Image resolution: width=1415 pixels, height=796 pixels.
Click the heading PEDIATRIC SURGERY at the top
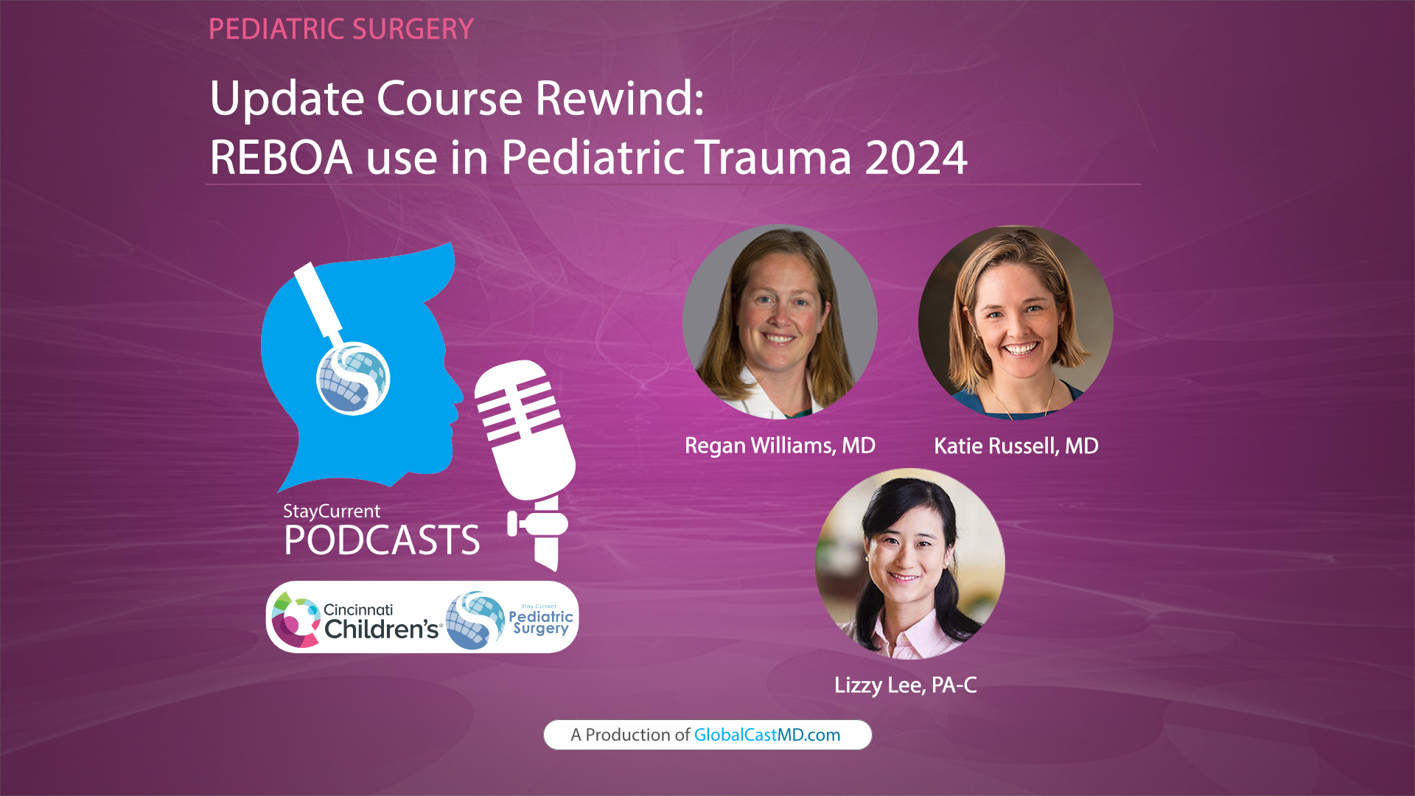pos(340,29)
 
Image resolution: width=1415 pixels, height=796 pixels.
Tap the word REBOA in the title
pos(281,157)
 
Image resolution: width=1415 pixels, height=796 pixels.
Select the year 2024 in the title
pos(915,157)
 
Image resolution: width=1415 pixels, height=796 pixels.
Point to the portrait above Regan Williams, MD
pos(780,322)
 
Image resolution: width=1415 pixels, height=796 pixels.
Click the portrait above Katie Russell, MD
pos(1016,322)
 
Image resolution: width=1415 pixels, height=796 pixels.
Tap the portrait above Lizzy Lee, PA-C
pos(909,564)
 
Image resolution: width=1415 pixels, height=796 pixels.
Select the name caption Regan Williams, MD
pos(780,446)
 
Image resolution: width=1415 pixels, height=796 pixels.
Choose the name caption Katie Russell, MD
pos(1016,446)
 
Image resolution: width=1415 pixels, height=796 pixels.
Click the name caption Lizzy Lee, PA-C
pos(905,685)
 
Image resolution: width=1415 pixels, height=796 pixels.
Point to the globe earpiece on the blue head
pos(353,379)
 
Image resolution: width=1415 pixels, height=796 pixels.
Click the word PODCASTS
pos(382,540)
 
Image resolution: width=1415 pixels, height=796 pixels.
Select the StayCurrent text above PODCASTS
pos(332,511)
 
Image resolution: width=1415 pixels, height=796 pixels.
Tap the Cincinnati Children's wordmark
pos(380,621)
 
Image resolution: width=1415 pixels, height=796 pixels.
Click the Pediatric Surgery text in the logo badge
pos(541,621)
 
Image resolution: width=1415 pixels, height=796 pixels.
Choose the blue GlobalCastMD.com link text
pos(766,735)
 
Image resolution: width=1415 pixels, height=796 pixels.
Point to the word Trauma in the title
pos(774,157)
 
